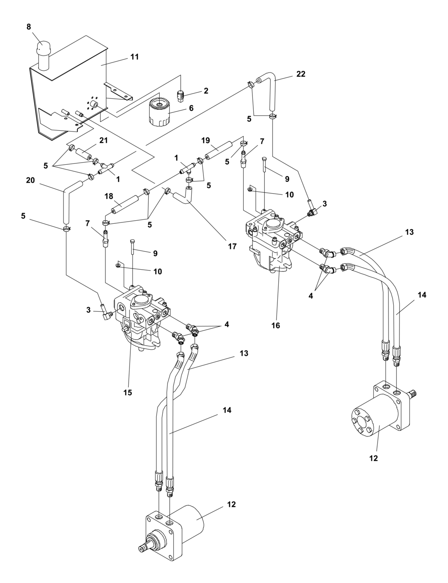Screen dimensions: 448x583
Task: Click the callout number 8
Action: [29, 27]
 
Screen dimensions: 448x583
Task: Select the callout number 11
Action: [135, 57]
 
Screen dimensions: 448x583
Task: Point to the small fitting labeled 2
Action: [181, 96]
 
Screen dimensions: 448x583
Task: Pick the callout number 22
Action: [301, 74]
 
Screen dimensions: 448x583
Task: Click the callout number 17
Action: [232, 246]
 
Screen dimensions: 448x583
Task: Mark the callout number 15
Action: [128, 392]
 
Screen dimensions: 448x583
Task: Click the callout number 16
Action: [276, 326]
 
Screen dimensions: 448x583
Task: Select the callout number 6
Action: [191, 108]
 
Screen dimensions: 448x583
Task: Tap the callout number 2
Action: [206, 90]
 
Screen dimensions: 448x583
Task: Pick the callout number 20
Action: [30, 180]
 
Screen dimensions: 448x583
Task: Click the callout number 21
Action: [104, 140]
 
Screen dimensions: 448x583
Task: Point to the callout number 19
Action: [206, 141]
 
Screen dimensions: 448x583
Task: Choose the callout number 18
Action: [109, 196]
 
